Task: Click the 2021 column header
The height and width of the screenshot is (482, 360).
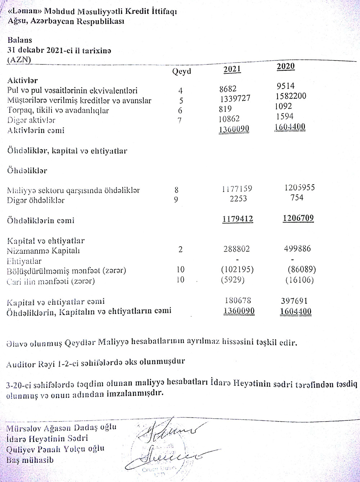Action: point(232,69)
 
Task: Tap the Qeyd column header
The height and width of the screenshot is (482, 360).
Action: point(181,71)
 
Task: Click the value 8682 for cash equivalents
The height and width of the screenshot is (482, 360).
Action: point(228,89)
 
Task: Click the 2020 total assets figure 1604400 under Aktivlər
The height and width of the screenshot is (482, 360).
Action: point(290,127)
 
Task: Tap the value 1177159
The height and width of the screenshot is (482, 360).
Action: point(236,188)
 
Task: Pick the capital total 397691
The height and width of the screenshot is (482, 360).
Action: point(293,301)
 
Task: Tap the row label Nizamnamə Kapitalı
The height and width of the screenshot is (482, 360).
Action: point(43,251)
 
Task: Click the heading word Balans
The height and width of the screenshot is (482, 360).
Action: point(19,40)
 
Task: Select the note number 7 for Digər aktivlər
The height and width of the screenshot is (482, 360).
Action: point(179,120)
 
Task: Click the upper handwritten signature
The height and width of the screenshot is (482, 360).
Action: point(169,431)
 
